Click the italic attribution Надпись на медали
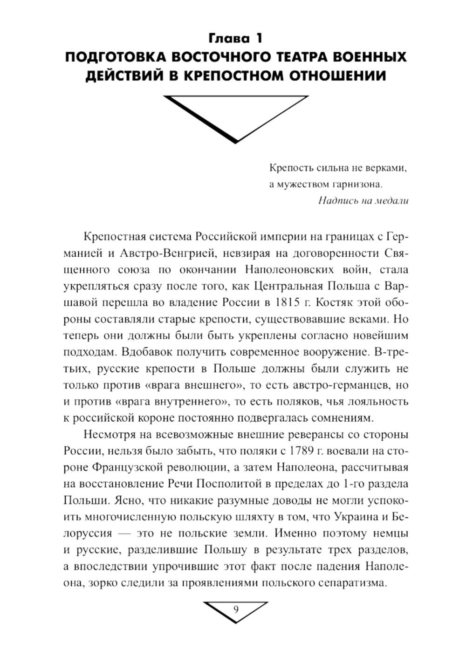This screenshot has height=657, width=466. point(363,201)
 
